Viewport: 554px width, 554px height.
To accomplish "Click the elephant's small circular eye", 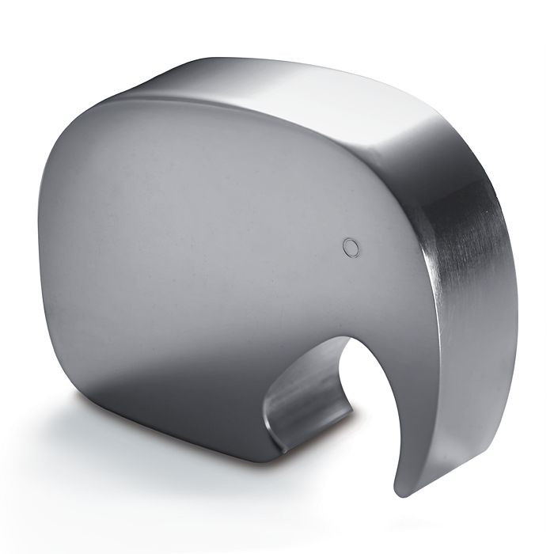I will [x=351, y=247].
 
